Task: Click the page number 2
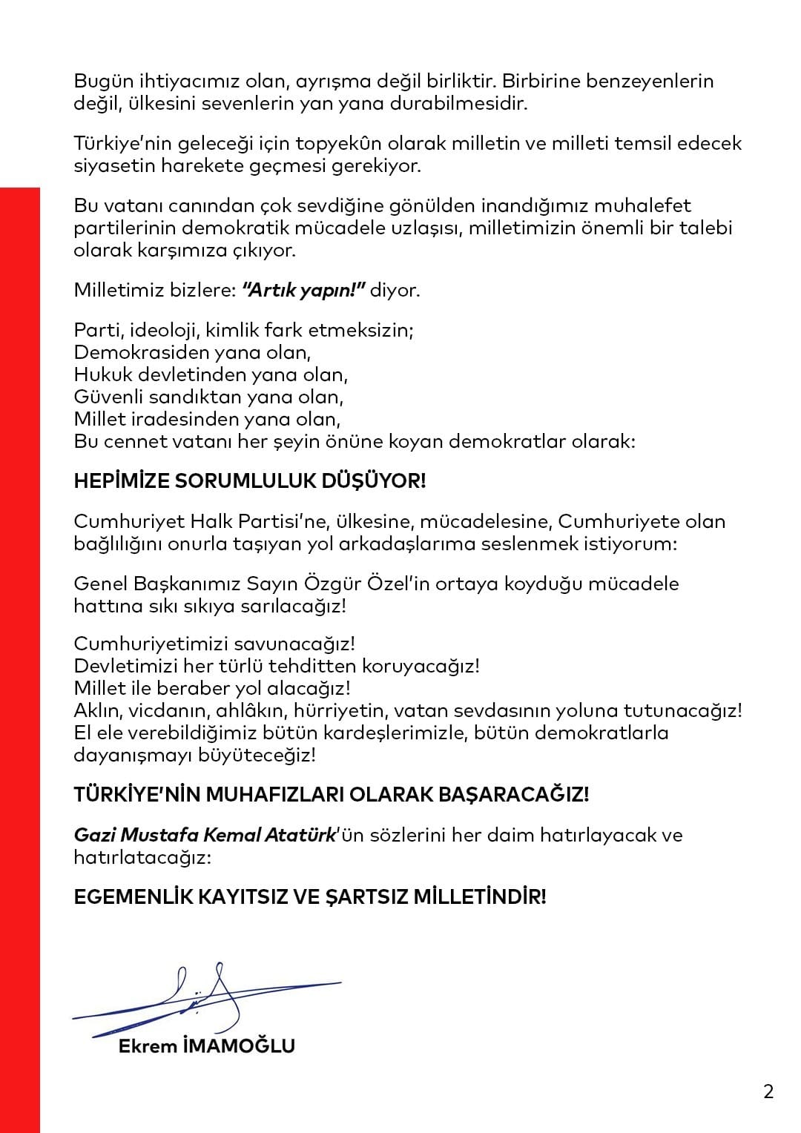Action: point(768,1091)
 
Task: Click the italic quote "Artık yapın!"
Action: point(304,289)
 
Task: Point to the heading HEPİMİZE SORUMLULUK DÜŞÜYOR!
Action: point(250,481)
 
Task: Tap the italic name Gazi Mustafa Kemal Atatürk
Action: point(205,835)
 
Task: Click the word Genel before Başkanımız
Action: point(101,584)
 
